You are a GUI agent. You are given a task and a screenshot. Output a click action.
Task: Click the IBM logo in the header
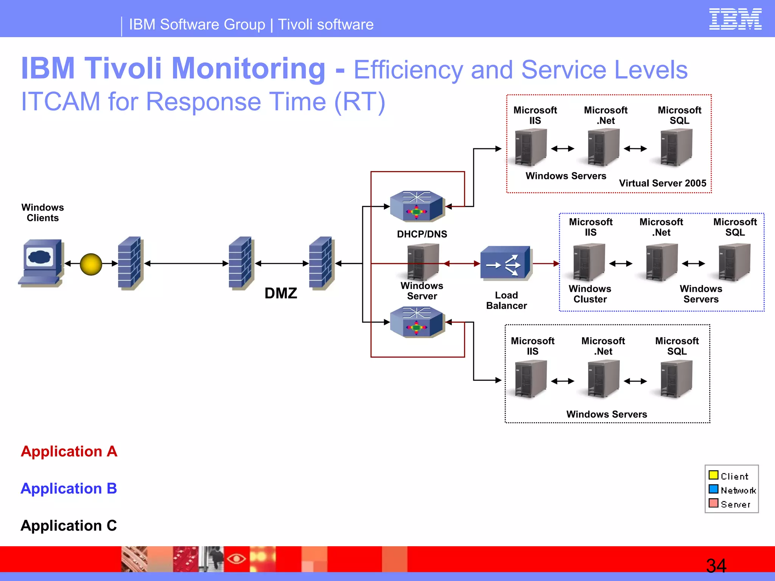coord(735,19)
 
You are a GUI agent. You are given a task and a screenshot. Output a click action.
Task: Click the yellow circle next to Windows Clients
coord(91,264)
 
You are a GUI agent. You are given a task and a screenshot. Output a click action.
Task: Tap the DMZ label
coord(280,294)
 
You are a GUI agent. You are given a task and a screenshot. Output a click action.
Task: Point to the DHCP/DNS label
coord(422,234)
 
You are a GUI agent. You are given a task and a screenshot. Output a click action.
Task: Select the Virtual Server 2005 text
coord(662,183)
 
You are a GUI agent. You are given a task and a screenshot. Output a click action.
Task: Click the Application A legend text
coord(69,452)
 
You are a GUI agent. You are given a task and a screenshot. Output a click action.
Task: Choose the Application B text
coord(68,489)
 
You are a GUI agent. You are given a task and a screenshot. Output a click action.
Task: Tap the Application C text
coord(68,526)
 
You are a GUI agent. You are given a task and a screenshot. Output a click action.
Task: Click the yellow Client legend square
coord(713,475)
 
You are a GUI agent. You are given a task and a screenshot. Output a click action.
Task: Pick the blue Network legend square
coord(713,489)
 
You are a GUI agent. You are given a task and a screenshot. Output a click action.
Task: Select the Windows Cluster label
coord(590,294)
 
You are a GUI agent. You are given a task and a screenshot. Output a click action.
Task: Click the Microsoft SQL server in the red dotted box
coord(676,148)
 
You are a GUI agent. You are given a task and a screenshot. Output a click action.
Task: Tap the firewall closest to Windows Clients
coord(130,263)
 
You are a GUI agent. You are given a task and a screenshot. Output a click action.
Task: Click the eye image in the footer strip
coord(236,559)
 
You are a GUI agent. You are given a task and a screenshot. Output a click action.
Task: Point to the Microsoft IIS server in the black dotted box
coord(531,379)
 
